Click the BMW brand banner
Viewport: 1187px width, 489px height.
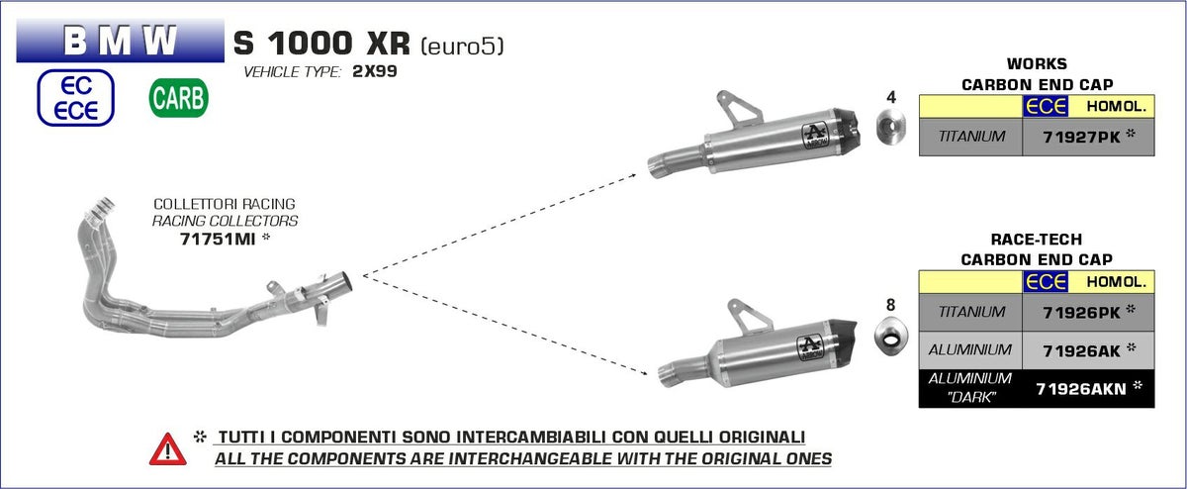(x=121, y=41)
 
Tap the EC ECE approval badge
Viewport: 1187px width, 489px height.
(x=76, y=98)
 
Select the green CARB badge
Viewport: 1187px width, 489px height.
(x=179, y=98)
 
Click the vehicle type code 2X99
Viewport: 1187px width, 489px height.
(x=375, y=71)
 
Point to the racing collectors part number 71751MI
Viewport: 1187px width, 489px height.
(x=218, y=240)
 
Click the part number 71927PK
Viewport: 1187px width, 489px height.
(x=1081, y=138)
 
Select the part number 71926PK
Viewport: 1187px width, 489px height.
(x=1081, y=313)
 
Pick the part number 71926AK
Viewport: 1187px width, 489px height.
(x=1081, y=351)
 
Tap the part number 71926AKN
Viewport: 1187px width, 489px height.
(x=1081, y=389)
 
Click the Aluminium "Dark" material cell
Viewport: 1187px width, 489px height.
(x=970, y=388)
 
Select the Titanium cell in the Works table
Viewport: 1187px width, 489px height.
(x=970, y=137)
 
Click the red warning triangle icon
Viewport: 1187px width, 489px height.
(x=167, y=449)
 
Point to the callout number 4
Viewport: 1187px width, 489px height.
(x=891, y=97)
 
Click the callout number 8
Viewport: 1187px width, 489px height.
(x=891, y=305)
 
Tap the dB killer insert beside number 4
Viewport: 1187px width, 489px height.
(x=891, y=127)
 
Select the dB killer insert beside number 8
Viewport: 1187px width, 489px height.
(x=891, y=337)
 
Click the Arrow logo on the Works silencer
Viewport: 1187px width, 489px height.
(x=814, y=136)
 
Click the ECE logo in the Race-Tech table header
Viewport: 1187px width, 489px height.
(x=1045, y=282)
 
